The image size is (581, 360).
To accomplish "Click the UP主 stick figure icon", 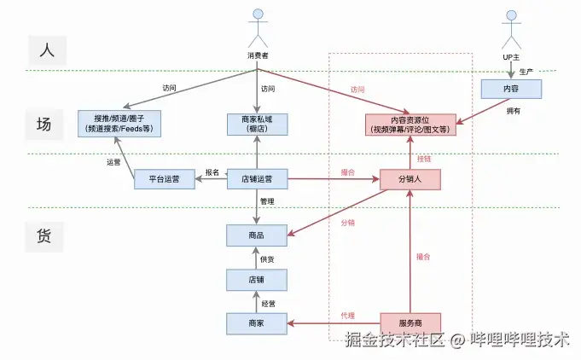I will click(511, 31).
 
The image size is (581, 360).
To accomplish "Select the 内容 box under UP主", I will click(511, 88).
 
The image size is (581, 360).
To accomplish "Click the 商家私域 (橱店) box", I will click(257, 124).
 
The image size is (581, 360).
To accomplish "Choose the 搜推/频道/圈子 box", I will click(119, 124).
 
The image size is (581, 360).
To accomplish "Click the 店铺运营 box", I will click(257, 178).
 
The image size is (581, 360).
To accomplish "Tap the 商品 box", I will click(257, 235).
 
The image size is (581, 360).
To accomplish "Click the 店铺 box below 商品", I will click(257, 279).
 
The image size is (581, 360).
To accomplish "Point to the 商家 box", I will click(257, 322).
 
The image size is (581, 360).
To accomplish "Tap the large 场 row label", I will click(44, 124).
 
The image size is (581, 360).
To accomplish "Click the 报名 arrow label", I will click(212, 172).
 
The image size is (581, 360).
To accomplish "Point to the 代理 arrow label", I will click(347, 316).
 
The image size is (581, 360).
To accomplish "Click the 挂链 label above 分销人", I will click(424, 159).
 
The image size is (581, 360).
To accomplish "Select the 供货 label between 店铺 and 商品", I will click(268, 258).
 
